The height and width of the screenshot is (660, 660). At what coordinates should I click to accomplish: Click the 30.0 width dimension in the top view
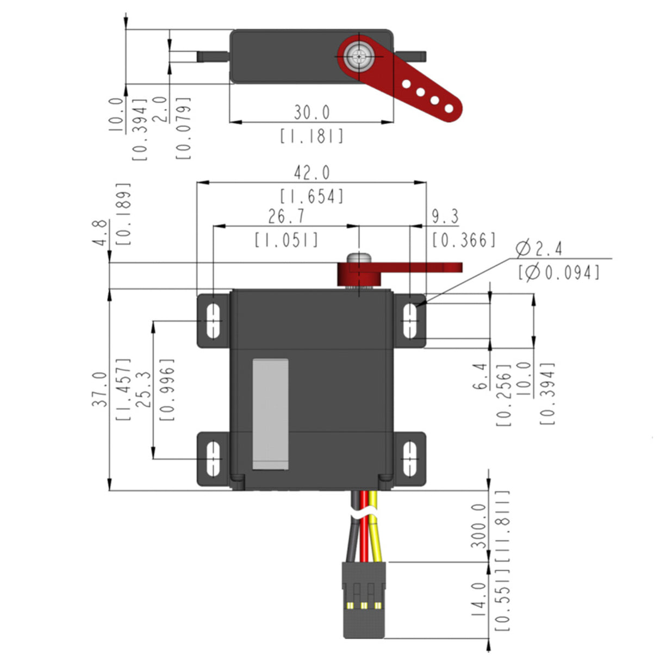pyautogui.click(x=312, y=113)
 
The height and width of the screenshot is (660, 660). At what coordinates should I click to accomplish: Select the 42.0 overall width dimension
pyautogui.click(x=312, y=173)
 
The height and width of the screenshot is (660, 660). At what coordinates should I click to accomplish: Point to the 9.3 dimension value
pyautogui.click(x=445, y=216)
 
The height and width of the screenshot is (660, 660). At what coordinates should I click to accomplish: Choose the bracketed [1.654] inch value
pyautogui.click(x=312, y=196)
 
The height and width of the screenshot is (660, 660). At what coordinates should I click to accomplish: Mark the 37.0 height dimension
pyautogui.click(x=100, y=389)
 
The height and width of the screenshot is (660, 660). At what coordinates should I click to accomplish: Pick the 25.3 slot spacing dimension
pyautogui.click(x=144, y=389)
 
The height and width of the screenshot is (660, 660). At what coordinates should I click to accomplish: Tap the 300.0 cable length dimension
pyautogui.click(x=478, y=525)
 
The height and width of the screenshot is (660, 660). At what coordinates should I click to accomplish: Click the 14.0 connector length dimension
pyautogui.click(x=478, y=599)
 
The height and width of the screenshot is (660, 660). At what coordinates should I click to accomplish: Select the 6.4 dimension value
pyautogui.click(x=481, y=377)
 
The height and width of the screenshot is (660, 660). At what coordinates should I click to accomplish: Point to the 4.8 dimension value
pyautogui.click(x=100, y=233)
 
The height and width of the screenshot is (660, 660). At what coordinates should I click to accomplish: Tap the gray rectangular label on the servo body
pyautogui.click(x=270, y=414)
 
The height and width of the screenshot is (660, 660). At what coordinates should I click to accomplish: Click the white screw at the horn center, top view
pyautogui.click(x=358, y=55)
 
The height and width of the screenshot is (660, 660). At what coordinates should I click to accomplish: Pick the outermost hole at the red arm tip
pyautogui.click(x=449, y=109)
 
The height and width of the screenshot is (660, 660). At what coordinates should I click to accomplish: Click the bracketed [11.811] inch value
pyautogui.click(x=503, y=525)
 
